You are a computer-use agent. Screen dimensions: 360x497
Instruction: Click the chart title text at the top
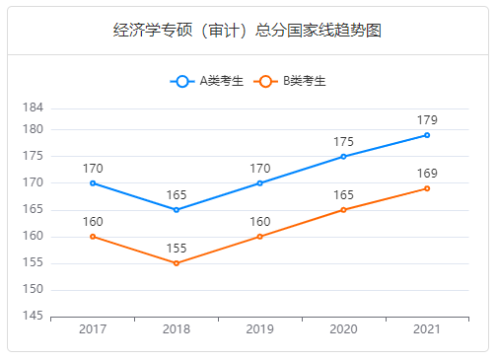248,30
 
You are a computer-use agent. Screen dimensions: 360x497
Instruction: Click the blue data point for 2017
93,183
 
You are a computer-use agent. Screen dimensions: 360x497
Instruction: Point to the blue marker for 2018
177,210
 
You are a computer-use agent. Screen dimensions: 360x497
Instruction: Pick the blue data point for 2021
427,135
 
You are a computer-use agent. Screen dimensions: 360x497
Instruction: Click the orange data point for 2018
177,263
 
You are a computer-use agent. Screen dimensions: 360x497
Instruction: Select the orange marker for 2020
343,210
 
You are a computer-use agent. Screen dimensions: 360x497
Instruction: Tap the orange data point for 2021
427,188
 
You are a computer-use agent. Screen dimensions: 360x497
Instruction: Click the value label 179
427,120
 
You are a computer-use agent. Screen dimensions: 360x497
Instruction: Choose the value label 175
343,142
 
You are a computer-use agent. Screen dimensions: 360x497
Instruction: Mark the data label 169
427,174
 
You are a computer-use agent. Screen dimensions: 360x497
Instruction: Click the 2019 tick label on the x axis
260,329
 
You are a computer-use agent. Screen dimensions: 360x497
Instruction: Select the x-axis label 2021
427,329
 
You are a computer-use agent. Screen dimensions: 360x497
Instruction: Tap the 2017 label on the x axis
93,329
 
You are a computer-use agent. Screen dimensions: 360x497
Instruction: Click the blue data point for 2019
260,183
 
